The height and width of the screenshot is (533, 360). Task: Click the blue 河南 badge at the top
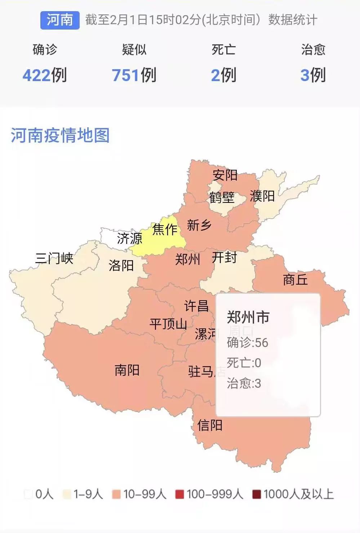click(60, 20)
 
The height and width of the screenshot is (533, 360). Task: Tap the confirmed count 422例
click(45, 75)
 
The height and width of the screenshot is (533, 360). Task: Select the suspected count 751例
click(134, 75)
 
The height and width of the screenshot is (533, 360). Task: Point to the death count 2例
click(223, 75)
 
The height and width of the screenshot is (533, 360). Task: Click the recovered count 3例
click(313, 75)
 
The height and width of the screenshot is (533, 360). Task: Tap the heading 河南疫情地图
click(60, 136)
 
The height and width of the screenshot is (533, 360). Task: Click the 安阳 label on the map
click(225, 175)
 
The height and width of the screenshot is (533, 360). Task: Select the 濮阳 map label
click(262, 196)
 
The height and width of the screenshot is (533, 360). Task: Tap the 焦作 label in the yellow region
click(165, 229)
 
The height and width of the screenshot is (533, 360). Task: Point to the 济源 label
click(129, 238)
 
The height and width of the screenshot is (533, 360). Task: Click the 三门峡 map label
click(54, 258)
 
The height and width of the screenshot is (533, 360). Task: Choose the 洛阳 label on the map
click(121, 266)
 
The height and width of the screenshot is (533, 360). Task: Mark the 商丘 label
click(295, 280)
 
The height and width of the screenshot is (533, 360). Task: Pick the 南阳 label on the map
click(127, 370)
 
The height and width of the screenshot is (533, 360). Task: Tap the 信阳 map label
click(210, 426)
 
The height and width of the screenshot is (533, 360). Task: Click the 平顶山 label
click(168, 324)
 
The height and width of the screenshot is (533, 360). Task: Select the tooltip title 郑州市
click(248, 317)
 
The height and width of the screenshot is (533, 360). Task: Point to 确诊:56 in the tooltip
click(248, 342)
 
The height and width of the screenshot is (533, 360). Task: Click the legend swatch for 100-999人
click(179, 494)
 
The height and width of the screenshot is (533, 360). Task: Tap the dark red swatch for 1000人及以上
click(257, 494)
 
